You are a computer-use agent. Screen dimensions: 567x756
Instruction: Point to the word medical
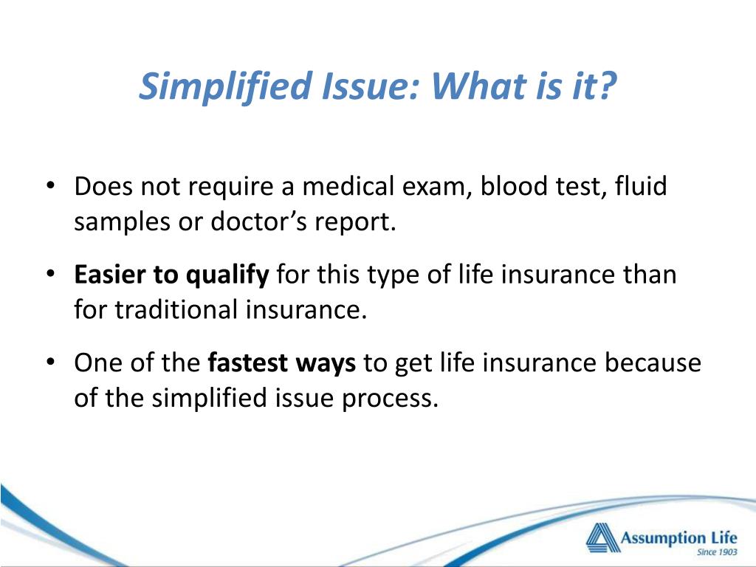(351, 187)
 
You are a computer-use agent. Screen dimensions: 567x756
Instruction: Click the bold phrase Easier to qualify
(171, 275)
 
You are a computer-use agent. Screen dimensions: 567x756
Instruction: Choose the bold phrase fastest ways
(283, 363)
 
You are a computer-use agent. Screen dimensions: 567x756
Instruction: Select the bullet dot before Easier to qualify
(50, 275)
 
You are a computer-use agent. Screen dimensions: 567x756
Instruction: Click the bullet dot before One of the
(50, 364)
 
